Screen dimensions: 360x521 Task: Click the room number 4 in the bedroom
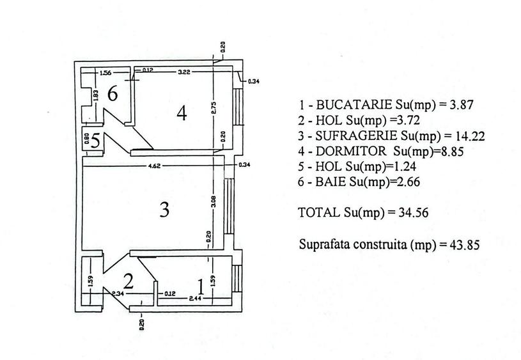pos(182,114)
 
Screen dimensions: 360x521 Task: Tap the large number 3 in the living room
pos(164,210)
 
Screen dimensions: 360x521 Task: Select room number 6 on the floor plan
pos(113,94)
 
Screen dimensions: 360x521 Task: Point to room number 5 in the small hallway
pos(95,140)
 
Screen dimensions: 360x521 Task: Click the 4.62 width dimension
pos(153,166)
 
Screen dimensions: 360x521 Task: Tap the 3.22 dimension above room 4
pos(185,70)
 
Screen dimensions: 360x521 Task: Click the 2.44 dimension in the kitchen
pos(196,298)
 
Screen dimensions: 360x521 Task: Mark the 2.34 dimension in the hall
pos(118,293)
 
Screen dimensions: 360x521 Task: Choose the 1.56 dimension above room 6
pos(105,72)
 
